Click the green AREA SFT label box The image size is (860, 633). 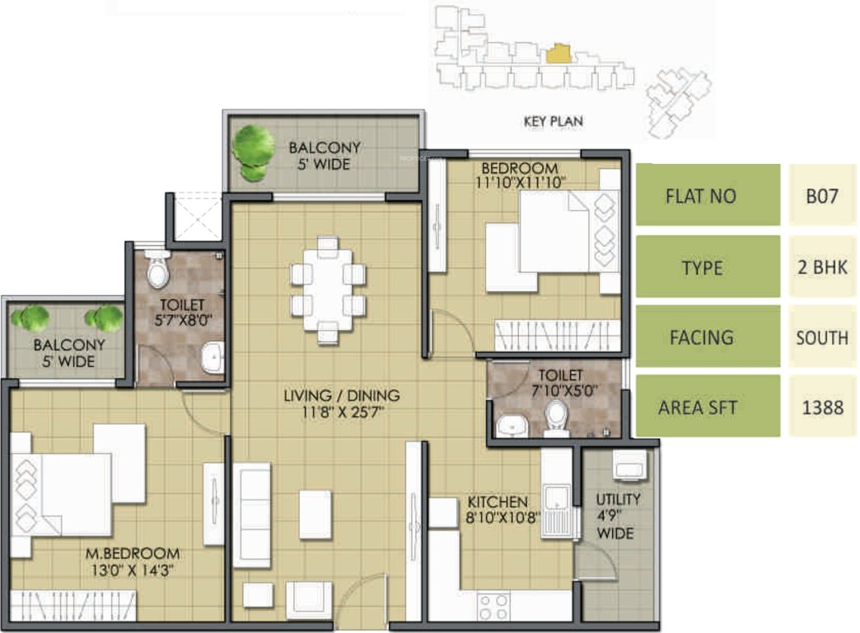pyautogui.click(x=708, y=407)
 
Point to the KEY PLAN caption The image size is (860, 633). pyautogui.click(x=553, y=121)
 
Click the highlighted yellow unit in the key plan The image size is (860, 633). pyautogui.click(x=558, y=55)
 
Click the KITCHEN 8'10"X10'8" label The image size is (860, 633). pyautogui.click(x=498, y=509)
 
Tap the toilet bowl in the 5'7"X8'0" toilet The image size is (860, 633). pyautogui.click(x=157, y=270)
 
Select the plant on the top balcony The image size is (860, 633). pyautogui.click(x=253, y=149)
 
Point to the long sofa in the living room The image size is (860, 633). pyautogui.click(x=252, y=515)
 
